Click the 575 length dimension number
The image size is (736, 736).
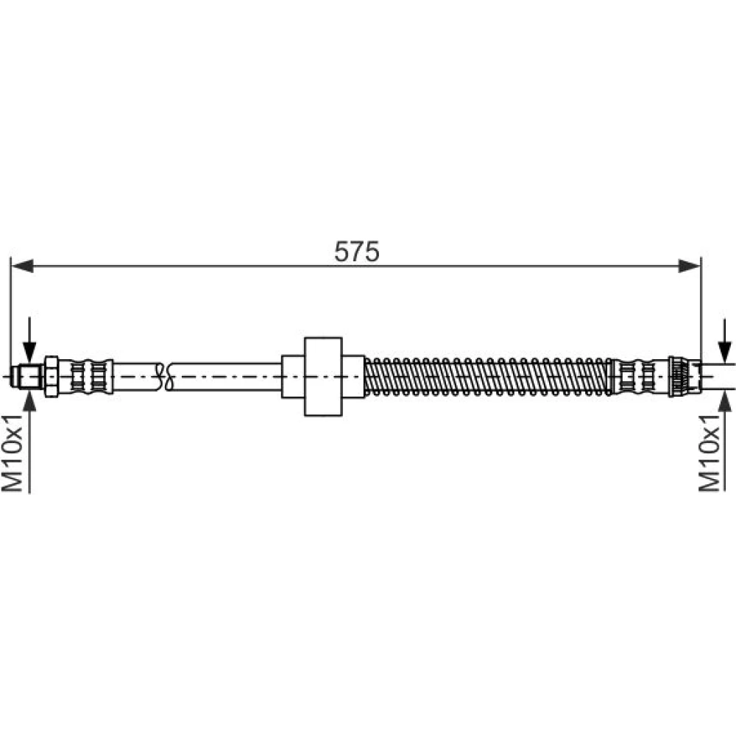coord(356,252)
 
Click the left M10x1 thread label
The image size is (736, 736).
coord(13,453)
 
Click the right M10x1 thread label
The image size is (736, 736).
coord(710,453)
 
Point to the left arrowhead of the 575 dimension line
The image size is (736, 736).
coord(22,266)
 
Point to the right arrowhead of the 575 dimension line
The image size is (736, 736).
coord(690,266)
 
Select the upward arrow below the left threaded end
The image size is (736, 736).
coord(29,440)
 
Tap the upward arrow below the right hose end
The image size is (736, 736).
coord(725,441)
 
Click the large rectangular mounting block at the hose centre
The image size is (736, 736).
coord(323,376)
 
